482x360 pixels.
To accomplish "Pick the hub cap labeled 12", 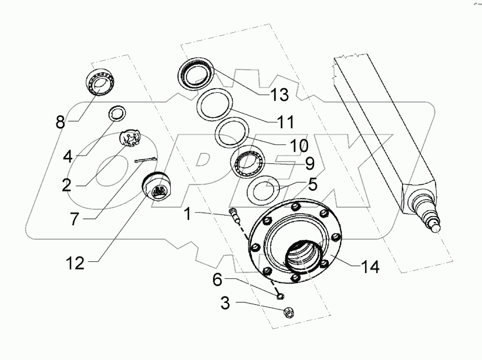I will tap(156, 186).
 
